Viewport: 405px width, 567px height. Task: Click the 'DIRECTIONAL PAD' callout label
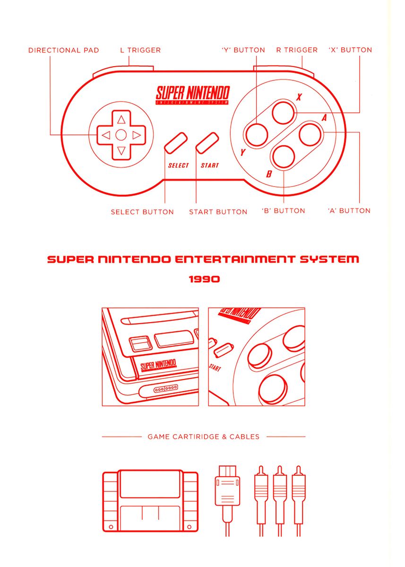coord(63,50)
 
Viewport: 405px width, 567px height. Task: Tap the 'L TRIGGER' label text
coord(140,50)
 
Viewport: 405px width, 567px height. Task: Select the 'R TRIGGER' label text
coord(297,50)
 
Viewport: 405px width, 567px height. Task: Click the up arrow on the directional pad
coord(121,119)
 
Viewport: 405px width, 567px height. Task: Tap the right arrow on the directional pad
coord(137,135)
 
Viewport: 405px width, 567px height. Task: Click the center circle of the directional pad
coord(121,135)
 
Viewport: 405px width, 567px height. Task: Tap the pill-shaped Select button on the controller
coord(176,142)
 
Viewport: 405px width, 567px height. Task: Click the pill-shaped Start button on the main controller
coord(207,142)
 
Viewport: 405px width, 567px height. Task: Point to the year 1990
coord(204,279)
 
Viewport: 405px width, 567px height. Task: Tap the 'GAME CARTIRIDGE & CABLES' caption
coord(203,437)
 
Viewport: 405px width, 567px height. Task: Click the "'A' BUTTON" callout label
coord(349,211)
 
